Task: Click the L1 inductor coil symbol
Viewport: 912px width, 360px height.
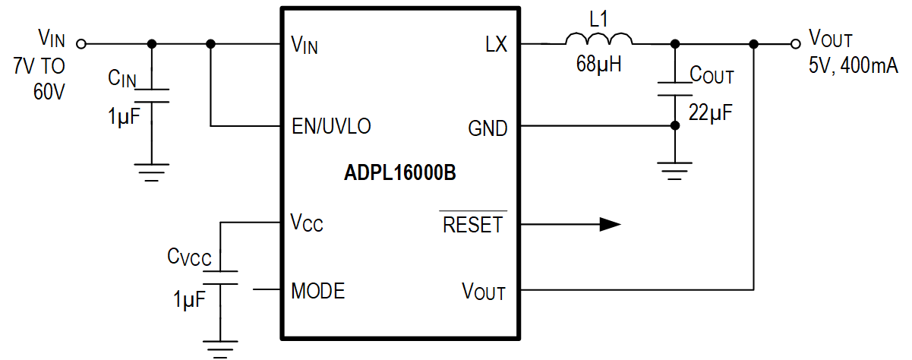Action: (598, 39)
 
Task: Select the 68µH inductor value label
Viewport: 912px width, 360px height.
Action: (598, 65)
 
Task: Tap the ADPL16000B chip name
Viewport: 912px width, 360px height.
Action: (399, 173)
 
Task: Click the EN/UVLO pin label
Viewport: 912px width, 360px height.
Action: (331, 126)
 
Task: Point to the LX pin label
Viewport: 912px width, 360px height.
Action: (496, 46)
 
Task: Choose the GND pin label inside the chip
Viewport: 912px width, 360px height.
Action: (488, 129)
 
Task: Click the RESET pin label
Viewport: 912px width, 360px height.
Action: (473, 225)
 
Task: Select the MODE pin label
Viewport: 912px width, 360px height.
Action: (318, 291)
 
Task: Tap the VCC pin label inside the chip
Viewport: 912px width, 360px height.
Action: (307, 224)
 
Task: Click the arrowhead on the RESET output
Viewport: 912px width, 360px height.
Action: (610, 224)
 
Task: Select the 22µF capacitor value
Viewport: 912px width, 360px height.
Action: (711, 112)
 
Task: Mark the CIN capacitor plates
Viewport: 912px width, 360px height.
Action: (152, 95)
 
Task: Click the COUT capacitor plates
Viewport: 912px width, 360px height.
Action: (674, 89)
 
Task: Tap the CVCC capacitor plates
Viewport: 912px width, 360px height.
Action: (220, 278)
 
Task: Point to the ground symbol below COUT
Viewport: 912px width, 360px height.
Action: (674, 172)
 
